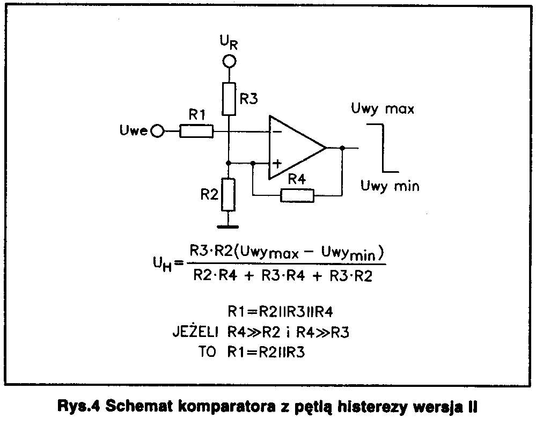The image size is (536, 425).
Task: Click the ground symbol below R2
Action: pyautogui.click(x=227, y=226)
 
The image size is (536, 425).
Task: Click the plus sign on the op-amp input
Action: pyautogui.click(x=277, y=164)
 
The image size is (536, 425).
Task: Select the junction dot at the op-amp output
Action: pyautogui.click(x=342, y=148)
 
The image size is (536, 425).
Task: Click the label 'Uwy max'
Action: pyautogui.click(x=383, y=109)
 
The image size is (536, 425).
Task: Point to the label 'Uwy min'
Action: pyautogui.click(x=390, y=186)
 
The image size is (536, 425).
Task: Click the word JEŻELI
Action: pyautogui.click(x=195, y=331)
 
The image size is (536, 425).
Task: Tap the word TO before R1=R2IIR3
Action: pyautogui.click(x=207, y=351)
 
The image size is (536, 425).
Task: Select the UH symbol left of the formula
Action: pyautogui.click(x=162, y=263)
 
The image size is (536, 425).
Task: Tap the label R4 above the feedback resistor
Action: pyautogui.click(x=297, y=179)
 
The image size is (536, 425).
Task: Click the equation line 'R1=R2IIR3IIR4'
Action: pyautogui.click(x=280, y=311)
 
